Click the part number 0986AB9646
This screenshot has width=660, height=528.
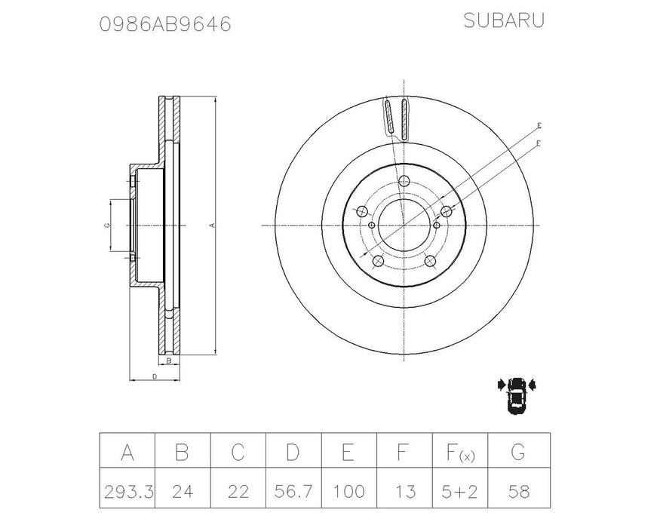165,25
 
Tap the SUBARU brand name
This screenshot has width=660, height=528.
503,21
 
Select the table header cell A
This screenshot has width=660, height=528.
127,452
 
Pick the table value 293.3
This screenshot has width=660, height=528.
127,492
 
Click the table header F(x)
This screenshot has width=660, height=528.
459,453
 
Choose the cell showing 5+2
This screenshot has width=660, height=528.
459,492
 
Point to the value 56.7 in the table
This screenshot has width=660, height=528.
293,492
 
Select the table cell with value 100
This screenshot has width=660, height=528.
348,492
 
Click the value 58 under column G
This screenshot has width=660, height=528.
519,492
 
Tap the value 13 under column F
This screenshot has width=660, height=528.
404,492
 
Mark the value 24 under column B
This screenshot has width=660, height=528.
183,492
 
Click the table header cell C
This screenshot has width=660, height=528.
238,452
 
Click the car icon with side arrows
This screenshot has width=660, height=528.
517,393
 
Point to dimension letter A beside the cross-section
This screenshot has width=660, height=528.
213,225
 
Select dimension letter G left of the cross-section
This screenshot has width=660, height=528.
106,225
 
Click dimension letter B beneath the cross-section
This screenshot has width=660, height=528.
169,361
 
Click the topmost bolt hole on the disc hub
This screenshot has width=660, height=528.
404,180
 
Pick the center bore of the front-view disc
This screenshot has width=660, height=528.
404,225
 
